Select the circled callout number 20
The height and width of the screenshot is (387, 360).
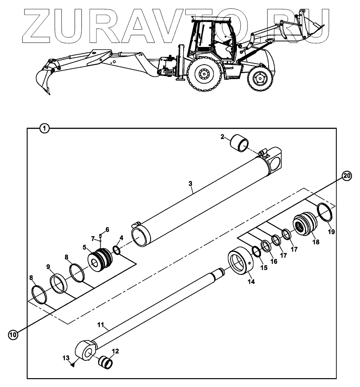[346, 176]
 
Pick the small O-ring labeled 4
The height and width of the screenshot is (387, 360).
[117, 251]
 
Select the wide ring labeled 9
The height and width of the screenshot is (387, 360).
[58, 283]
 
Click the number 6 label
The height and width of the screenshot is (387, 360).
[107, 230]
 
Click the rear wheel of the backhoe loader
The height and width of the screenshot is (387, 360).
[206, 75]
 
